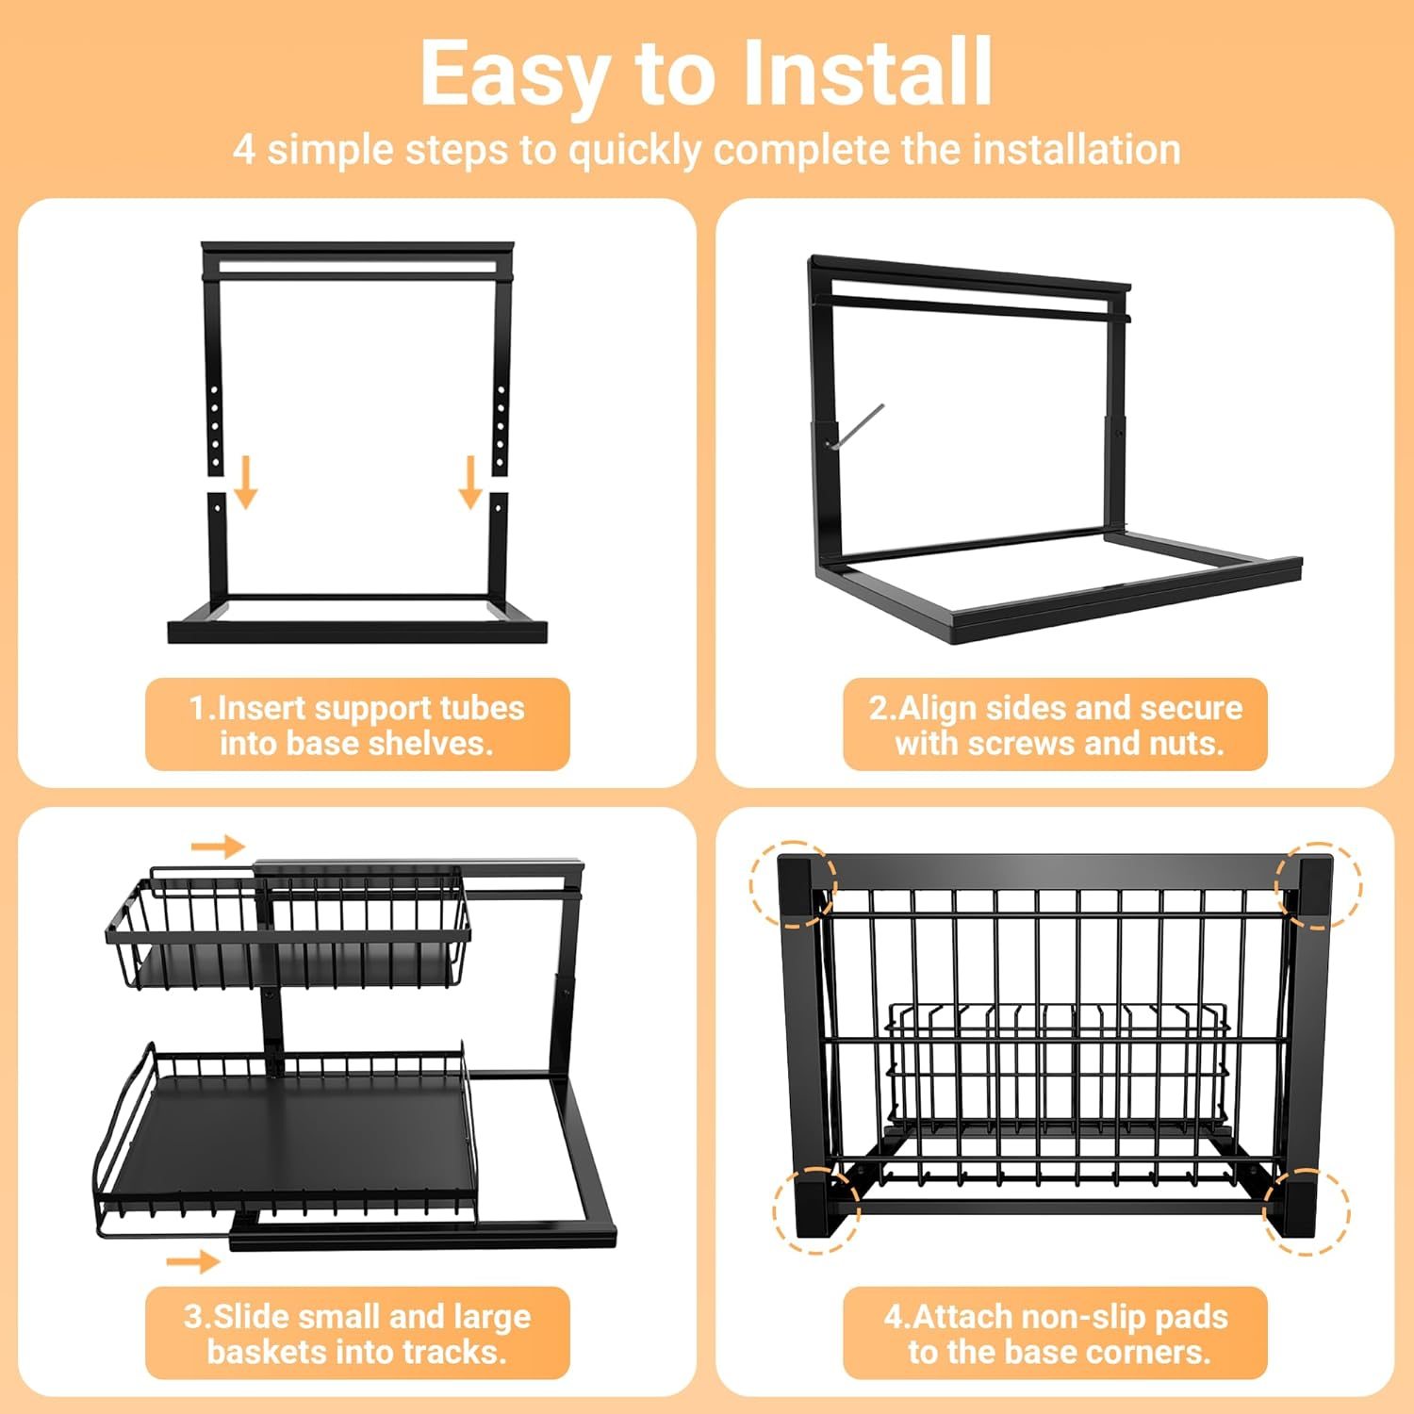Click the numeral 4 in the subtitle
tap(243, 149)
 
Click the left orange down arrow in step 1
tap(246, 482)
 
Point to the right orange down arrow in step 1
tap(470, 482)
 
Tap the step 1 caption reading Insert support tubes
tap(357, 708)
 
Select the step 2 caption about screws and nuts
tap(1056, 725)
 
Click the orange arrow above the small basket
tap(219, 847)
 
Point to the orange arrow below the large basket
tap(193, 1261)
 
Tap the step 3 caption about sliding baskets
tap(357, 1334)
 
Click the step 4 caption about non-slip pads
tap(1056, 1334)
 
